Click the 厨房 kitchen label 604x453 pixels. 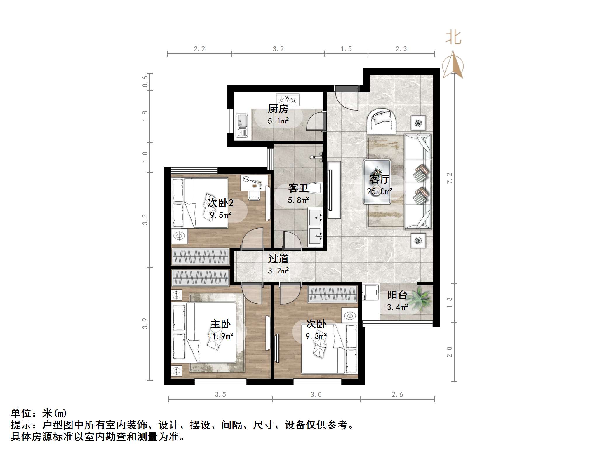click(x=278, y=109)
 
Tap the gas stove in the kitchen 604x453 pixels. click(x=288, y=99)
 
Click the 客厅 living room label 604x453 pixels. click(x=379, y=179)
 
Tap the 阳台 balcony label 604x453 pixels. click(x=397, y=295)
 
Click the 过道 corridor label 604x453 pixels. click(x=278, y=259)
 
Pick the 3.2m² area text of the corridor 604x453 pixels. click(x=278, y=271)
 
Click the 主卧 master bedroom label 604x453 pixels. click(x=220, y=324)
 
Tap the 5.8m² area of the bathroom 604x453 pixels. click(x=298, y=200)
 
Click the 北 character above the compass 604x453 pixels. click(x=453, y=38)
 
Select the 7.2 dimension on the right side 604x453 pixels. click(x=449, y=178)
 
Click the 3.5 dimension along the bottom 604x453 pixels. click(x=220, y=395)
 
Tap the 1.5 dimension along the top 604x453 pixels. click(x=346, y=49)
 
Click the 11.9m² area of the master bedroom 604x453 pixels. click(x=220, y=336)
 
